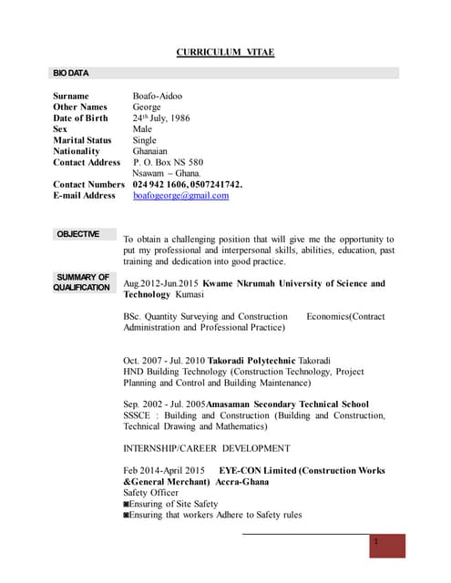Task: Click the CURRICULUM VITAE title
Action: coord(225,52)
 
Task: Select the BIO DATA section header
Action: coord(69,72)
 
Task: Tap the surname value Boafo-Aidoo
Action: coord(157,96)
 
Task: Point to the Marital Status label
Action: coord(82,140)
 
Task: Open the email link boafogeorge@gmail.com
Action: coord(180,195)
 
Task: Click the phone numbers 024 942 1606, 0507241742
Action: coord(187,184)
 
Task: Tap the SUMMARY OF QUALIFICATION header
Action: coord(82,282)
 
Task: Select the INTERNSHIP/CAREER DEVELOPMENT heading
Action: coord(206,448)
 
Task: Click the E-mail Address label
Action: coord(84,195)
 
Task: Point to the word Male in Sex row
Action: coord(142,129)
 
